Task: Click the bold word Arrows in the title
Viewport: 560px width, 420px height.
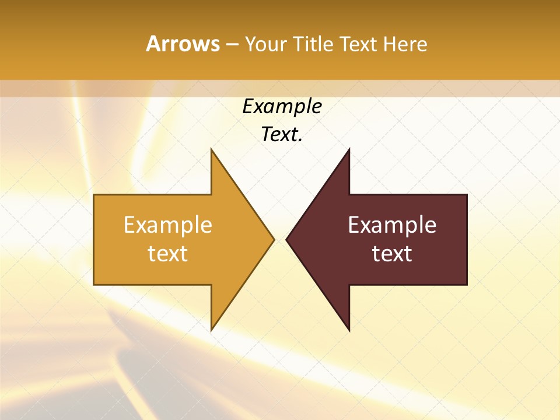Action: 183,44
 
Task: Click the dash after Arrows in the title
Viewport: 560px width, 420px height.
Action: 232,44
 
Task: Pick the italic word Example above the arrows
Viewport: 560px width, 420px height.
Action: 282,106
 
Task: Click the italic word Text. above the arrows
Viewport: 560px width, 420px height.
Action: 282,134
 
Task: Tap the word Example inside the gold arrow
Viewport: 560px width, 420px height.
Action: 168,225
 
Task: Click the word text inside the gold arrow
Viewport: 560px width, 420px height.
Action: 168,254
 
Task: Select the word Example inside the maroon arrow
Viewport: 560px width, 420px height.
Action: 392,225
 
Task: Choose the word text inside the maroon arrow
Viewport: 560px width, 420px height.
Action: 392,254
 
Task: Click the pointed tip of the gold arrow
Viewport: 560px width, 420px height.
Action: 273,239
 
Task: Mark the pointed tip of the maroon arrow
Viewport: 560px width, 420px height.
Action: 287,239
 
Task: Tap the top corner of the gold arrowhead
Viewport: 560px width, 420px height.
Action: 212,150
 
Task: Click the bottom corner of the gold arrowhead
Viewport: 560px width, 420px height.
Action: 212,329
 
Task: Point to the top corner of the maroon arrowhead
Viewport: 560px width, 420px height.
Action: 349,150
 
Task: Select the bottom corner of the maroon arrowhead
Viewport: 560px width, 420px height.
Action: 349,329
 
